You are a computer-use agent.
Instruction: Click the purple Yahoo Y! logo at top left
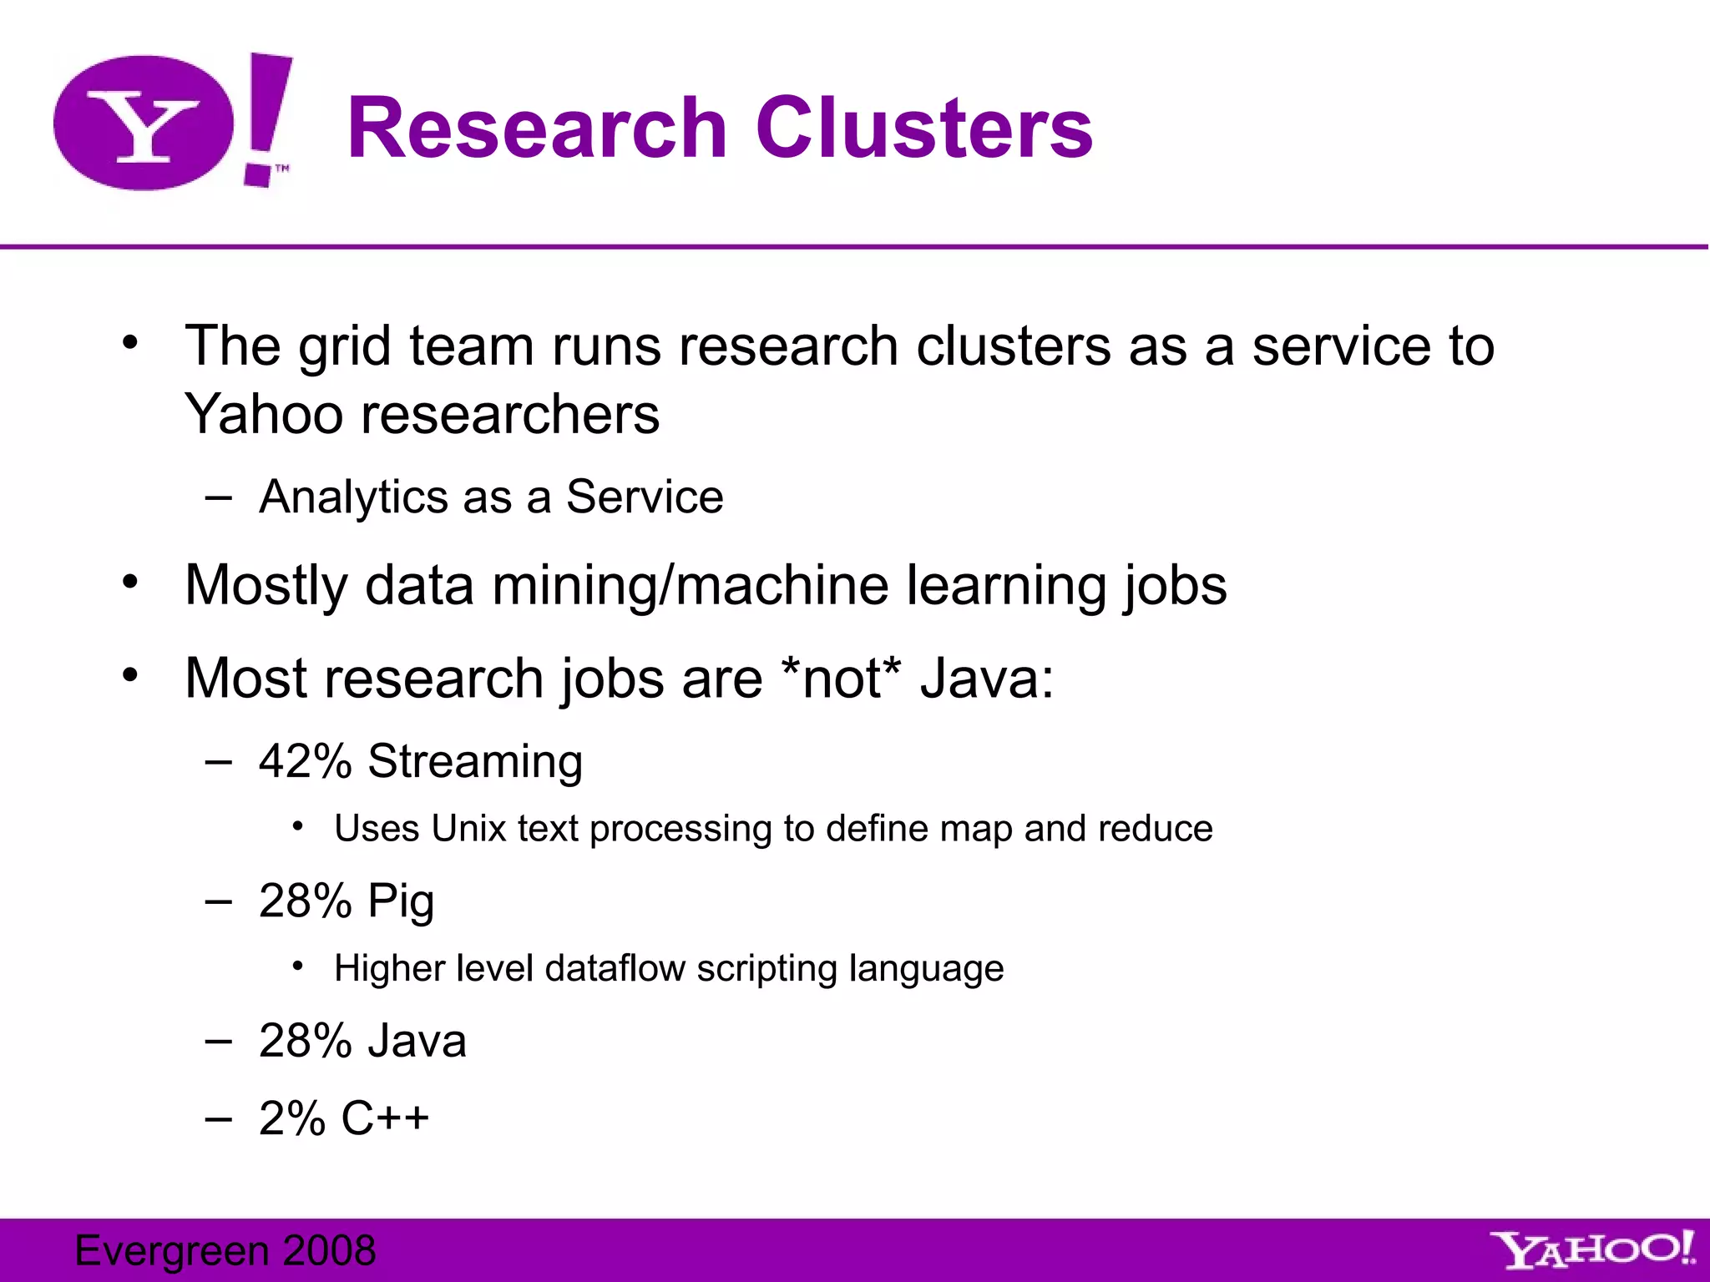click(x=171, y=123)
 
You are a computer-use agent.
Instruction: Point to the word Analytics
click(x=354, y=497)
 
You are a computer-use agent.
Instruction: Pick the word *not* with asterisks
click(x=840, y=678)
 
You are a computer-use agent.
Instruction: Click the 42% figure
click(x=305, y=761)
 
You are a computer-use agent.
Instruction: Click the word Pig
click(x=401, y=902)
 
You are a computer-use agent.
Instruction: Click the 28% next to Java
click(x=305, y=1041)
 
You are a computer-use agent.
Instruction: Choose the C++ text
click(x=385, y=1118)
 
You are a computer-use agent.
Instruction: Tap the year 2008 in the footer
click(x=329, y=1250)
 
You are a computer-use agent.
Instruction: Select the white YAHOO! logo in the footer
click(x=1594, y=1249)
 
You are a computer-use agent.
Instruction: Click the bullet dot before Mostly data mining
click(x=129, y=582)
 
